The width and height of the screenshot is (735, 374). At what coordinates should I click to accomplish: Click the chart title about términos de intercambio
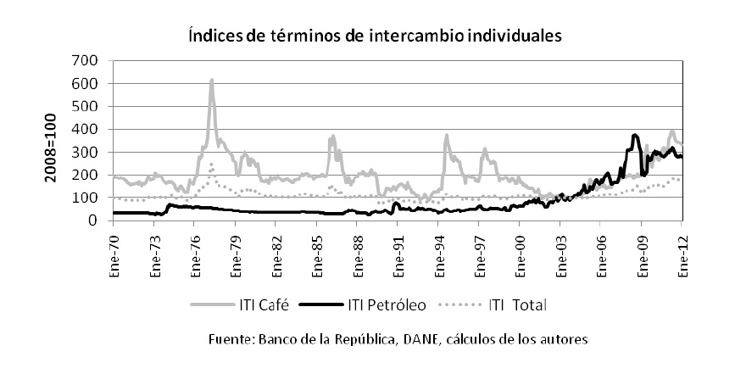click(367, 36)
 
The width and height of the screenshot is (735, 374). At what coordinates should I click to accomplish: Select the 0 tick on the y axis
click(96, 220)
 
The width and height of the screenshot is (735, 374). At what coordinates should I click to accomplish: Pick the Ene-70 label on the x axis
click(114, 252)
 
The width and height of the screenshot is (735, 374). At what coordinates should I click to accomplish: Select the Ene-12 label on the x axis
click(684, 252)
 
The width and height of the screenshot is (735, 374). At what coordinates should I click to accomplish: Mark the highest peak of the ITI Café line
click(211, 81)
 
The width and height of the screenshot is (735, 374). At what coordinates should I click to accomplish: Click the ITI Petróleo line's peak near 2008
click(635, 135)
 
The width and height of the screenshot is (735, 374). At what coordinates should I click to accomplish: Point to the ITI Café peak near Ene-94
click(447, 135)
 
